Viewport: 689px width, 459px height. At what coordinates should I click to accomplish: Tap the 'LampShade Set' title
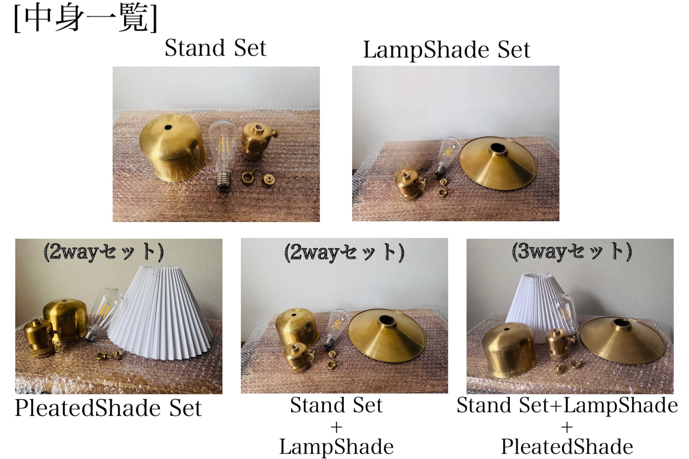447,50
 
